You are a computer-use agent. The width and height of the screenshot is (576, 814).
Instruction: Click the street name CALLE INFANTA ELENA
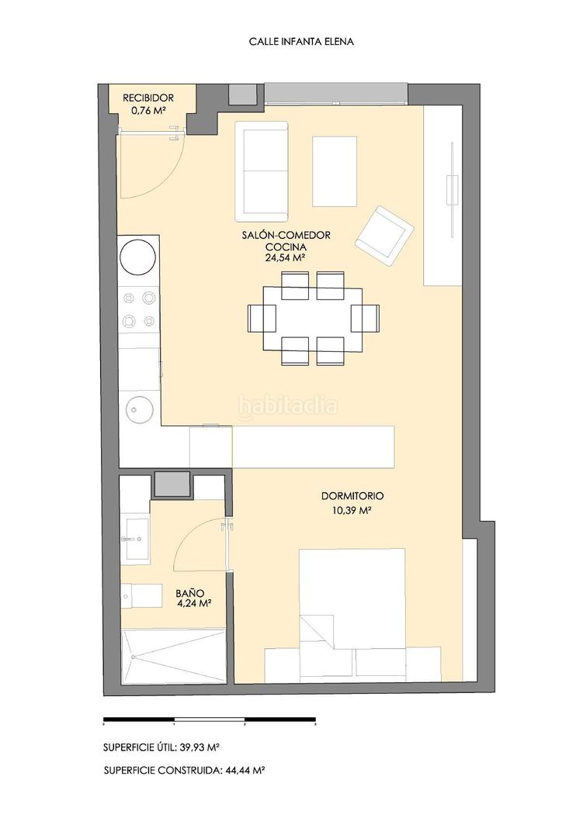coord(301,42)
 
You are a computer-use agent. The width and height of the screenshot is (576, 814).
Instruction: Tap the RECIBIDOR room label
coord(148,98)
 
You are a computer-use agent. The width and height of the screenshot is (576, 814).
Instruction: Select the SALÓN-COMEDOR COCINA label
coord(286,241)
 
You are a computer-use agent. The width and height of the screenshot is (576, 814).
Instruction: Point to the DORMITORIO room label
coord(352,496)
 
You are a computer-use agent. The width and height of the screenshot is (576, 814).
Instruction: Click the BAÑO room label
coord(189,593)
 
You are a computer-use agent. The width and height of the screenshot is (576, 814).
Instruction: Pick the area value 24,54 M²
coord(286,257)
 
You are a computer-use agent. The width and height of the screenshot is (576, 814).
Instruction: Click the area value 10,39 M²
coord(352,510)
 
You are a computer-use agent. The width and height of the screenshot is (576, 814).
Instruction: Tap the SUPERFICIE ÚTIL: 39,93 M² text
coord(161,747)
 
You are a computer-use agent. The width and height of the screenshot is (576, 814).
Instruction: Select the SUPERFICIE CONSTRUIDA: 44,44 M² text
coord(185,771)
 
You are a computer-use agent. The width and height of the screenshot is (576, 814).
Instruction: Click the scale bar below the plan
coord(210,719)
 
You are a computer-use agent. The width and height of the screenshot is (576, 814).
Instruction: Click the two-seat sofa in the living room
coord(262,171)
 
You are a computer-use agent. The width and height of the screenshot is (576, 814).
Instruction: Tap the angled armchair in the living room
coord(384,236)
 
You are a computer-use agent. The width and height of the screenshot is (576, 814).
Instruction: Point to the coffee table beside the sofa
coord(335,171)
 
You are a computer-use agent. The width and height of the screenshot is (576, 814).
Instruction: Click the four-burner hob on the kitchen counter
coord(139,310)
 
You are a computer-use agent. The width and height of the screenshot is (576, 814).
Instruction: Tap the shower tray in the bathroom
coord(173,656)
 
